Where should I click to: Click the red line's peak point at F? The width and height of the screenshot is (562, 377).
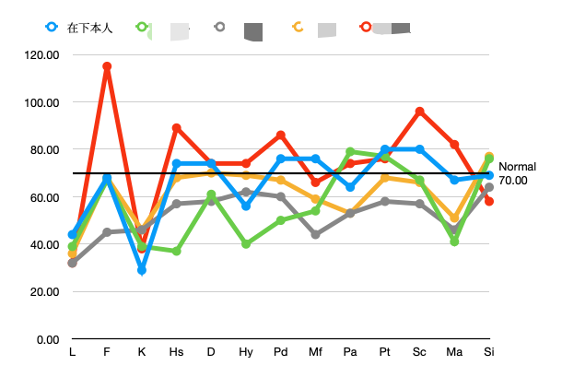[107, 66]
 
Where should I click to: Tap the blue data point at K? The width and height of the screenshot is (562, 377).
[142, 270]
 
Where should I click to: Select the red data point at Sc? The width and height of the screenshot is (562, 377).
[419, 112]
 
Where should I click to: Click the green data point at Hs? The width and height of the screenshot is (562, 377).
[176, 251]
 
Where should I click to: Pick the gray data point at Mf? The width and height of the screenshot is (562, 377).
[315, 234]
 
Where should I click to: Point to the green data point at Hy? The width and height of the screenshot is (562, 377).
[246, 244]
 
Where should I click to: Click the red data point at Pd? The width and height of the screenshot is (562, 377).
[281, 135]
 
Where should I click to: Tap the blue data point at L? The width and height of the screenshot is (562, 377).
[73, 234]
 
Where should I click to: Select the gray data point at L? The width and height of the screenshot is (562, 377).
[73, 263]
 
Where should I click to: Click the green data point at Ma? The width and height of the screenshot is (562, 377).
[454, 242]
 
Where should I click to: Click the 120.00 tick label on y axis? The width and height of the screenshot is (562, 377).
[41, 55]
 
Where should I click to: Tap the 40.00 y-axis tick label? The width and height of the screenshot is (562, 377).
[44, 244]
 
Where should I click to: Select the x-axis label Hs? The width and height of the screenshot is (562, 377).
[176, 353]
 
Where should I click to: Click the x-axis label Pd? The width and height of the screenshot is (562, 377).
[281, 353]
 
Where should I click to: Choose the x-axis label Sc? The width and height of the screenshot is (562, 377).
[419, 353]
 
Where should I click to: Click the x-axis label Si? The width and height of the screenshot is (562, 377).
[488, 353]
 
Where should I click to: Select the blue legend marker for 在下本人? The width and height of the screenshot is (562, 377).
[52, 27]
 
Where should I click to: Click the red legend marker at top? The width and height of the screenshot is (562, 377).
[366, 27]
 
